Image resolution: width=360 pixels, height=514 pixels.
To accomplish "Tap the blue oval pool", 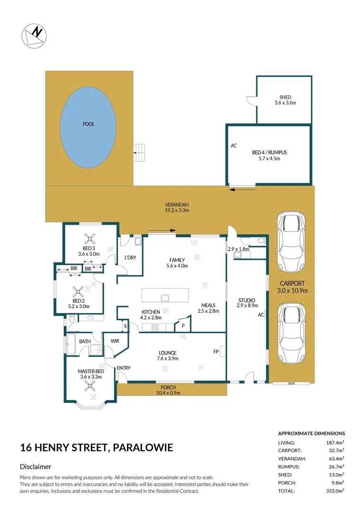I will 88,124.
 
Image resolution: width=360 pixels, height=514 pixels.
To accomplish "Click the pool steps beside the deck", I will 138,153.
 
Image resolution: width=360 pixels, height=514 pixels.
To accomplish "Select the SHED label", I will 285,97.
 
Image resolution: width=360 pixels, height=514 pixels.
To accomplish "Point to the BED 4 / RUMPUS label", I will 270,153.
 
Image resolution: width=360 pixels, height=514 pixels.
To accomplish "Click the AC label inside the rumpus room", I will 234,146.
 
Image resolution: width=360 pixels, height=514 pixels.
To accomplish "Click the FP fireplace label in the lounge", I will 216,352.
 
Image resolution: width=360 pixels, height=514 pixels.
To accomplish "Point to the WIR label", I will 115,341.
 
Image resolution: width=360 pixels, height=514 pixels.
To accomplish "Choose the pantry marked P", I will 183,326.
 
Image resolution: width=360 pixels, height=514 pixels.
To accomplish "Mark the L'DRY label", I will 130,257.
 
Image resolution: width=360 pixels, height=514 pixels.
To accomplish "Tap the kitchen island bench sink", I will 165,298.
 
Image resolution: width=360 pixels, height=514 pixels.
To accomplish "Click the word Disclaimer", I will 36,467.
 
